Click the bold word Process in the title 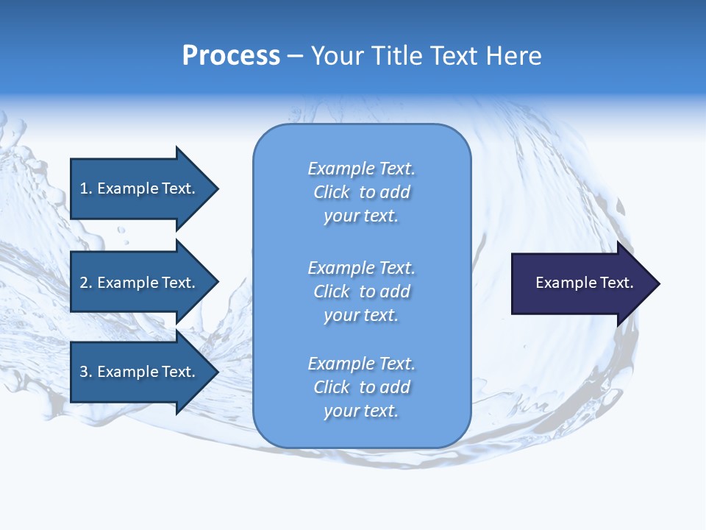231,56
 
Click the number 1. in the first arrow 86,188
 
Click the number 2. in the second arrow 86,283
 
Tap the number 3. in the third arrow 86,372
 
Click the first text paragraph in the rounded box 361,192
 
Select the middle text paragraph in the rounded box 361,291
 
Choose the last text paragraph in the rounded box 361,387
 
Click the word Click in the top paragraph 332,192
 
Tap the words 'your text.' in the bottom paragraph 361,411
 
